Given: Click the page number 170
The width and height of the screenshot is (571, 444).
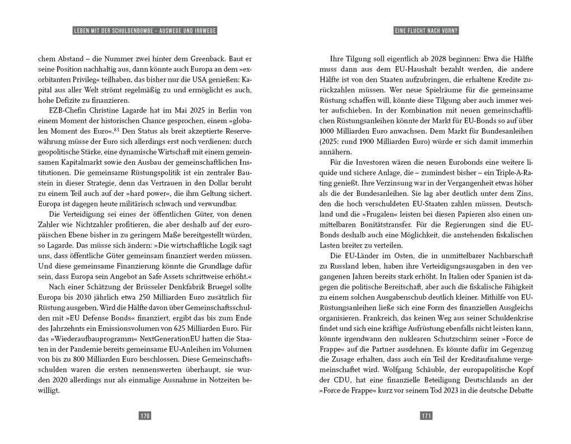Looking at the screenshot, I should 145,415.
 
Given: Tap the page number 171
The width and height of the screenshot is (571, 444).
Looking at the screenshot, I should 425,415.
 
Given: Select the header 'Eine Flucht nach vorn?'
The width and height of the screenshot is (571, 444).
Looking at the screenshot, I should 425,31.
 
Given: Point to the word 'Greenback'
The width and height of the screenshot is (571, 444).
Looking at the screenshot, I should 210,58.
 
